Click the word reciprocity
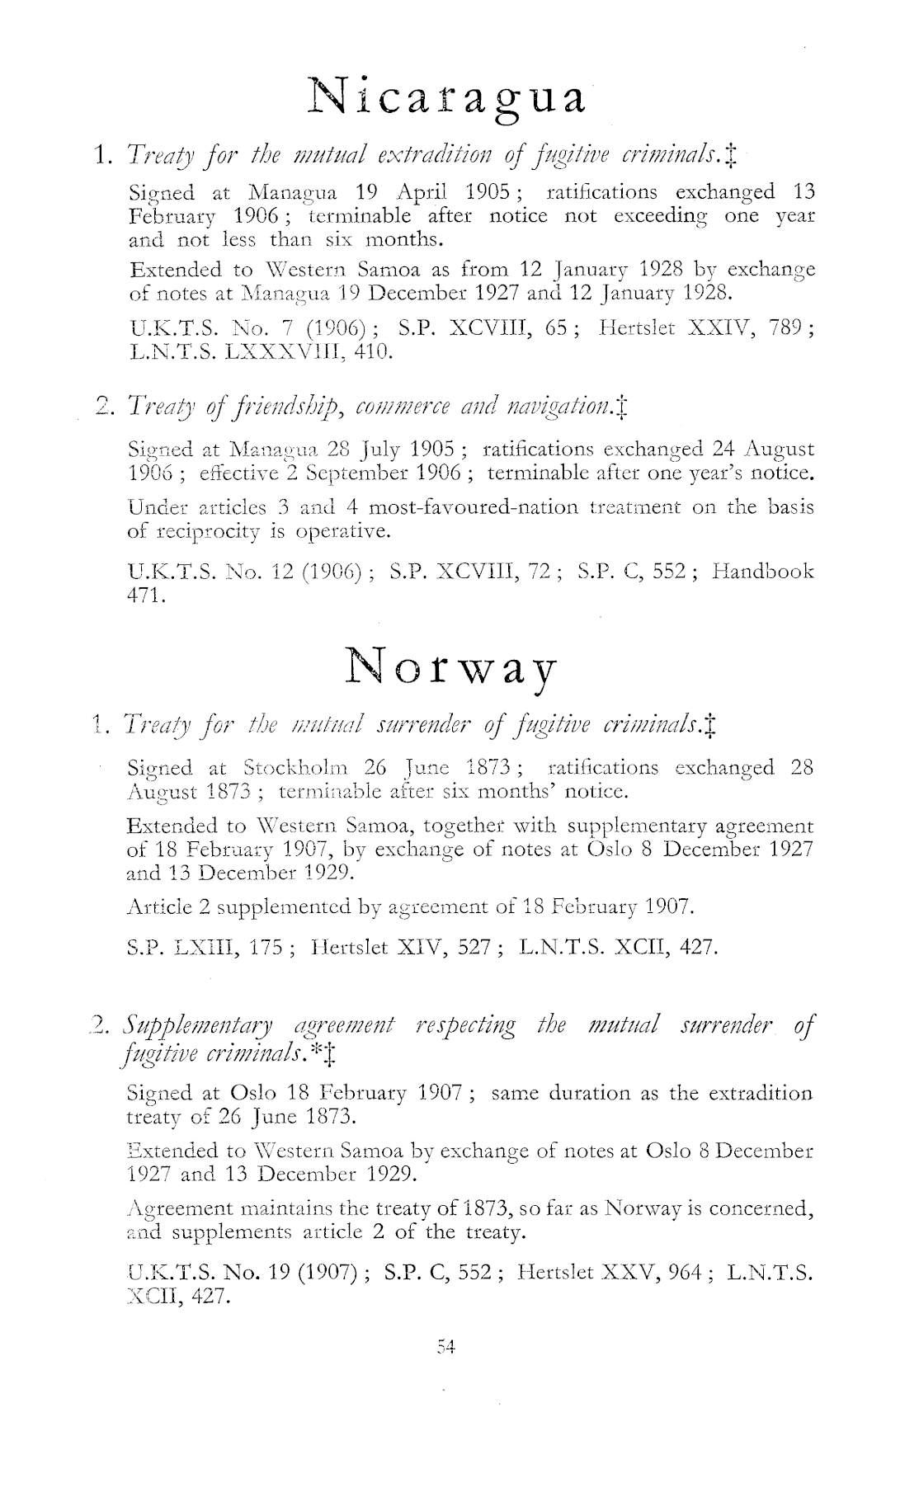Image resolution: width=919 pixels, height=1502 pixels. pos(196,531)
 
